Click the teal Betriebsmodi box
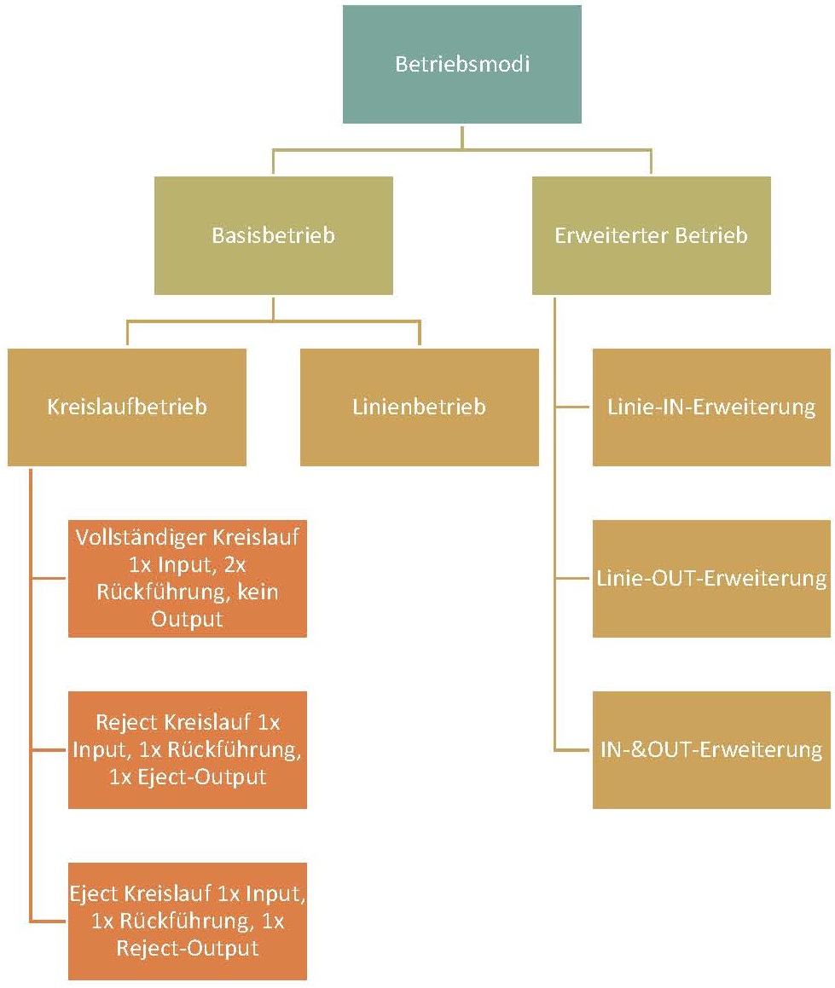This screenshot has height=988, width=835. click(x=461, y=65)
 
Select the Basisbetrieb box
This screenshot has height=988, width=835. click(x=273, y=235)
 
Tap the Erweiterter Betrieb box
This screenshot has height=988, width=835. click(x=651, y=235)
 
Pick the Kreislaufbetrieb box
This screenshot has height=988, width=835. click(x=127, y=407)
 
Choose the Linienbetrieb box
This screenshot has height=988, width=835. click(x=419, y=407)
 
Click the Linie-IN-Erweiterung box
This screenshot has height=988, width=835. click(x=711, y=407)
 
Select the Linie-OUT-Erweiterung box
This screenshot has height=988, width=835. click(x=711, y=578)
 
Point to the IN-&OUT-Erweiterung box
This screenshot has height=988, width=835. click(x=711, y=750)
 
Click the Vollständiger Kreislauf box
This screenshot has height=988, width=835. click(x=187, y=578)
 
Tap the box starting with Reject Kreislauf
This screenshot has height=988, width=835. click(x=187, y=749)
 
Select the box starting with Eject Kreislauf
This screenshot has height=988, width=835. click(x=187, y=921)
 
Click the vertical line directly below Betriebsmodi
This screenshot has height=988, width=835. click(x=461, y=136)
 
